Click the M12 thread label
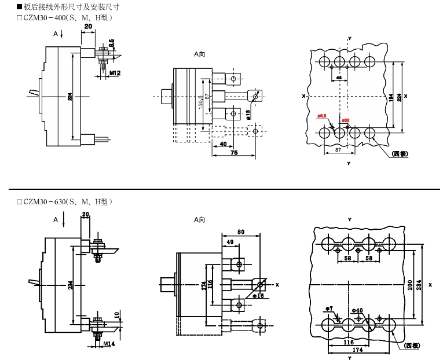(115, 73)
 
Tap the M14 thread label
(109, 344)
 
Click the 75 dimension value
(234, 153)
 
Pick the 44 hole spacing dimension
(339, 77)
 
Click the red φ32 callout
(345, 121)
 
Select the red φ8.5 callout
(323, 116)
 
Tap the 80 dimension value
(240, 232)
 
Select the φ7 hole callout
(329, 308)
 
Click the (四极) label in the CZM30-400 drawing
(400, 153)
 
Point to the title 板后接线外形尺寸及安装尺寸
(73, 8)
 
